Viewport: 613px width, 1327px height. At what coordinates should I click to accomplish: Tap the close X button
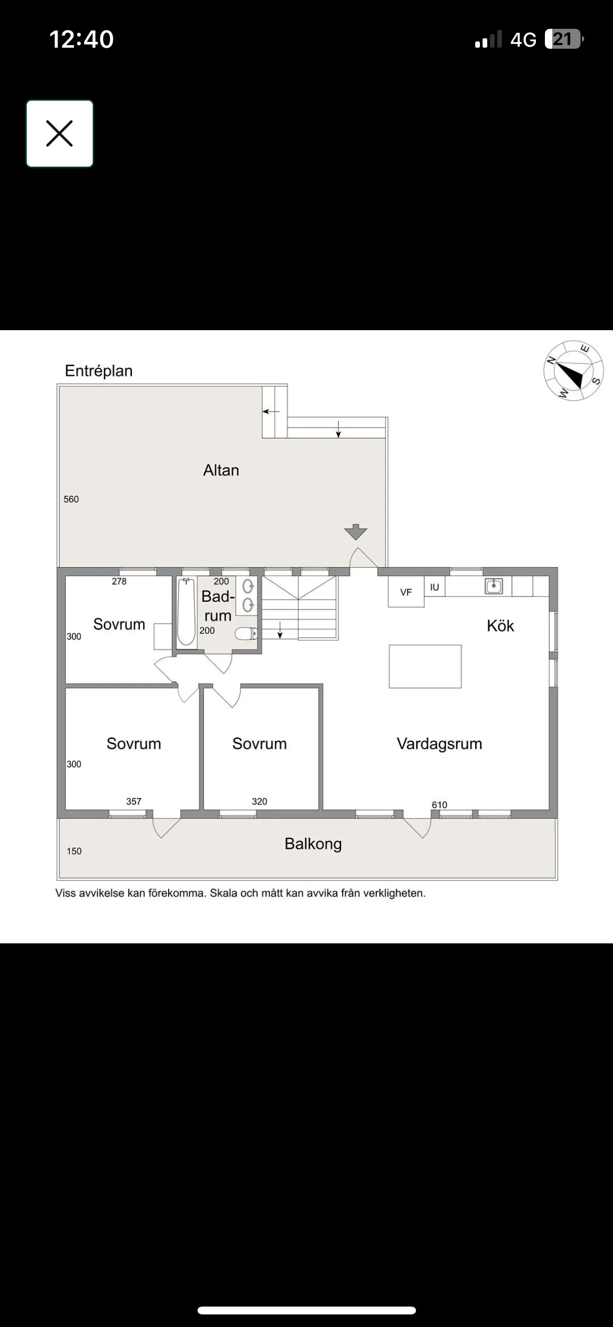[60, 134]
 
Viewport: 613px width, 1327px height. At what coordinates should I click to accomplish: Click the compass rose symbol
[573, 371]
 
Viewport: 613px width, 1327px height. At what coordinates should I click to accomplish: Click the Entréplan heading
[98, 371]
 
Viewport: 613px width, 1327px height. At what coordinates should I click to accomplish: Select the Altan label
[221, 470]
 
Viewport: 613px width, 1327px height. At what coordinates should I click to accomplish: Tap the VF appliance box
[406, 592]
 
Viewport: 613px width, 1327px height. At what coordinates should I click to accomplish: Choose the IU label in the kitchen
[434, 588]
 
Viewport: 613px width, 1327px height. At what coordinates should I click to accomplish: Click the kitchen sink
[494, 586]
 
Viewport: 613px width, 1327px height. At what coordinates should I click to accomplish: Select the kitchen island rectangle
[425, 666]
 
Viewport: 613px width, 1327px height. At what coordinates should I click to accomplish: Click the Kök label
[500, 626]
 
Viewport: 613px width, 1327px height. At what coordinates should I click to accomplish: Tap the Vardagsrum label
[439, 744]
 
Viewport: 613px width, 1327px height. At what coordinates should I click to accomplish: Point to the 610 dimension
[439, 805]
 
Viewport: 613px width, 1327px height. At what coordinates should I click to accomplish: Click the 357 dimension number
[134, 801]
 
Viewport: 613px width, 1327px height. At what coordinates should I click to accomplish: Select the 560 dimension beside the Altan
[71, 499]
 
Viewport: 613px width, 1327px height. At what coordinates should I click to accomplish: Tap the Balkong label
[313, 844]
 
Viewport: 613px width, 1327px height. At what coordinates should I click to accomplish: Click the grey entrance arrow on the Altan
[356, 531]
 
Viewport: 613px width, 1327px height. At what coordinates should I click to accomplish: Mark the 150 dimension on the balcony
[74, 851]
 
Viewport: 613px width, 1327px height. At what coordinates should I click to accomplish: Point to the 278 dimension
[119, 581]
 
